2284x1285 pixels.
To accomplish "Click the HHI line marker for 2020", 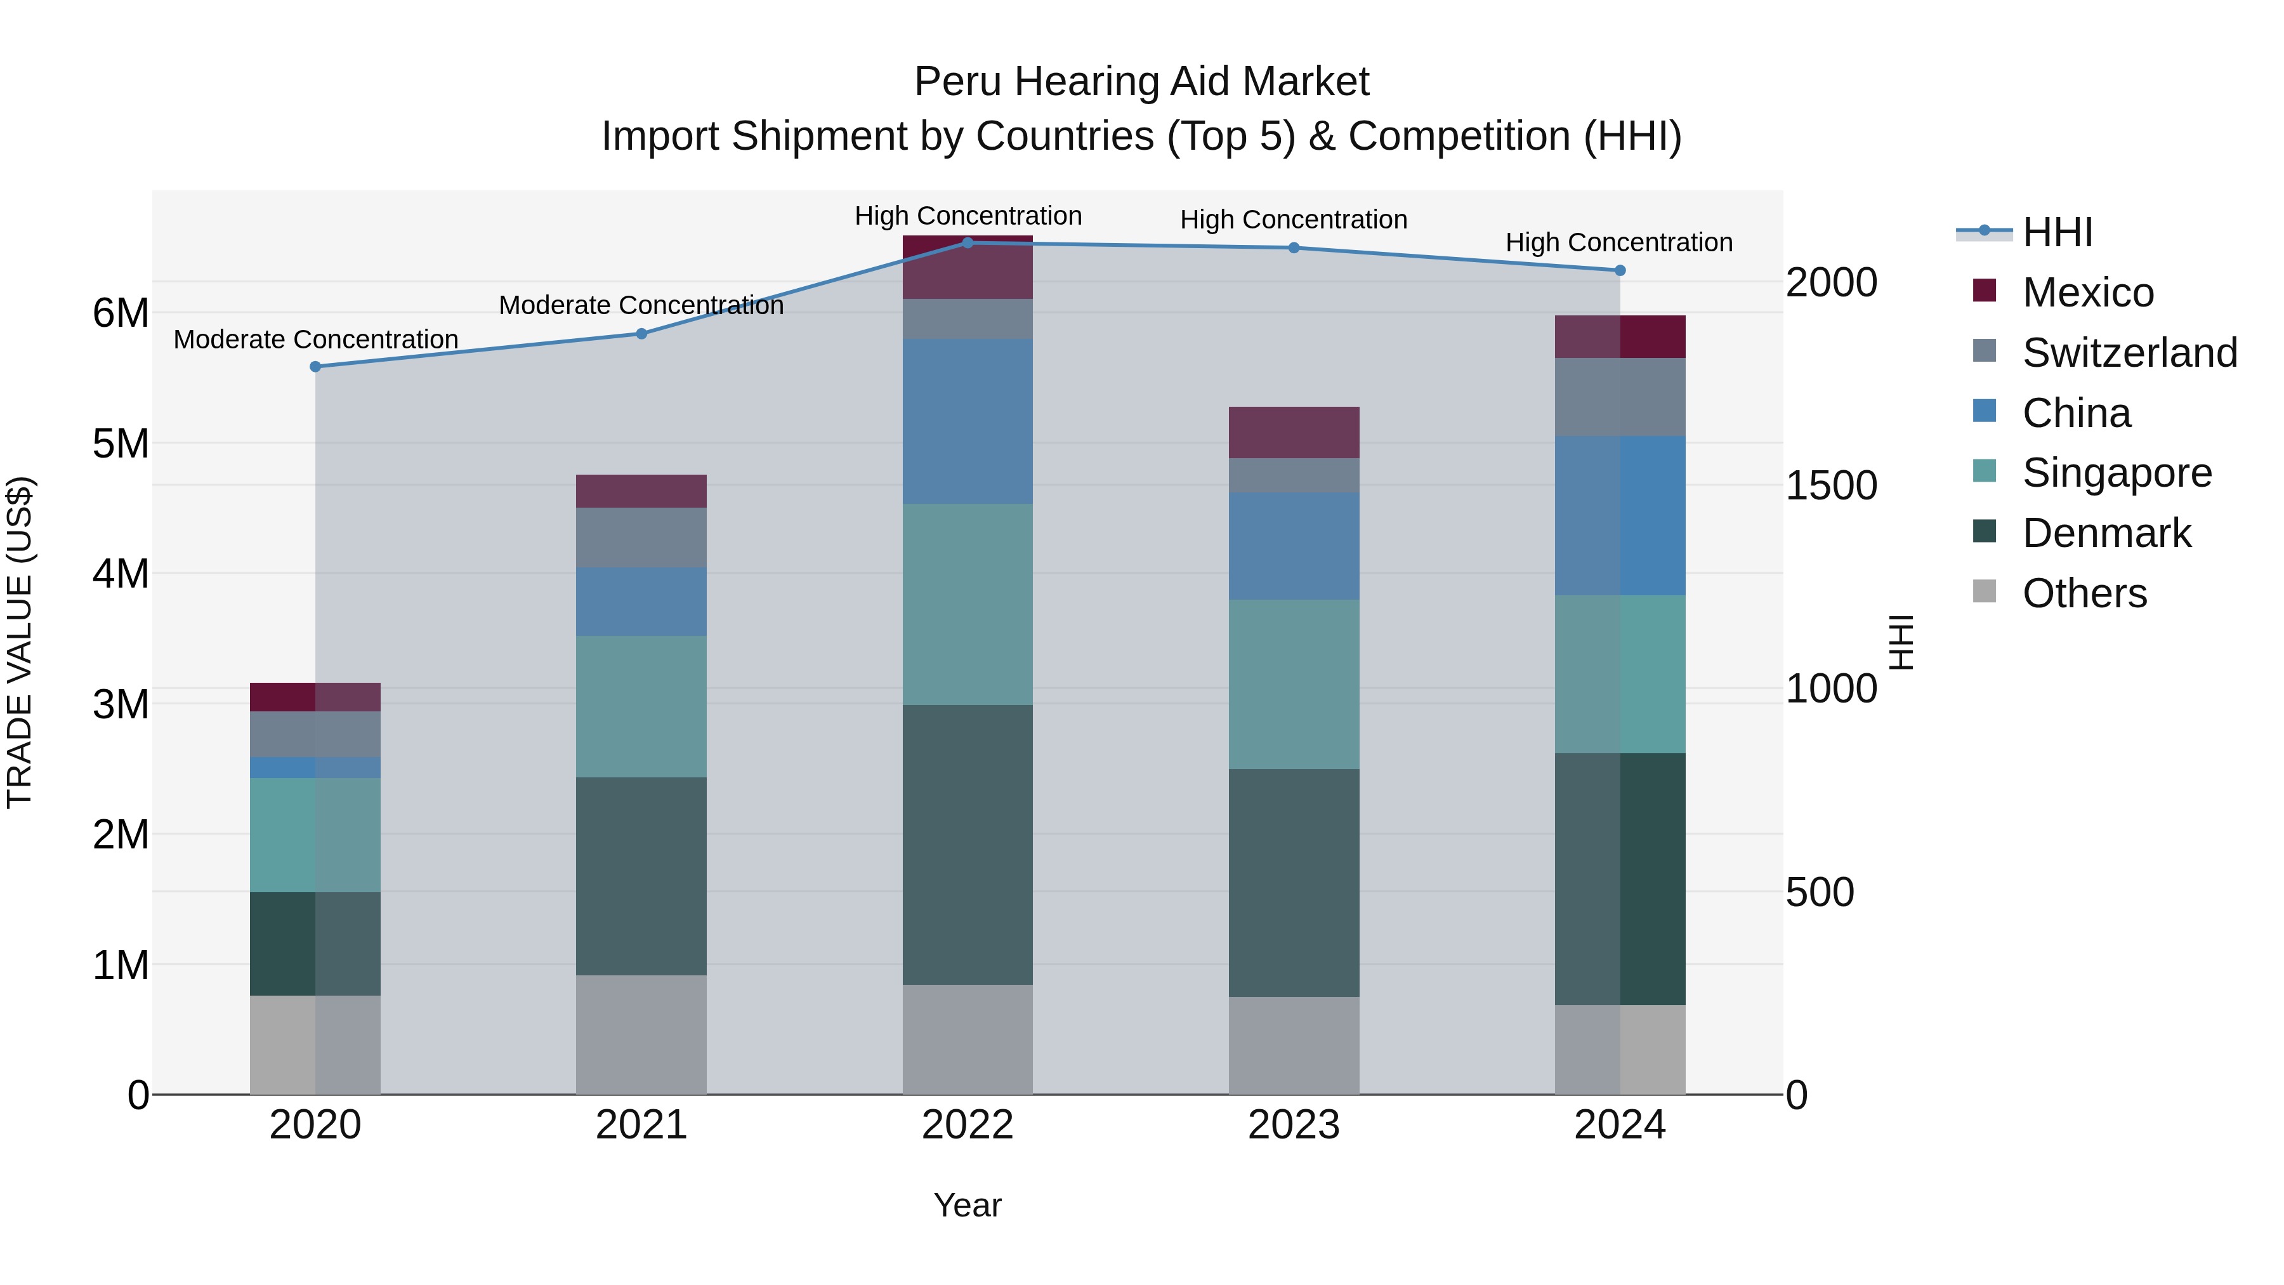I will coord(316,366).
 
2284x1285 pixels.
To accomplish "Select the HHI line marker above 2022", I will coord(968,243).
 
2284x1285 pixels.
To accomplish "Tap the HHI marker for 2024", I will coord(1620,270).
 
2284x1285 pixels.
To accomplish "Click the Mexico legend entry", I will coord(2087,293).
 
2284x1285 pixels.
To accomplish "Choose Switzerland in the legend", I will coord(2129,353).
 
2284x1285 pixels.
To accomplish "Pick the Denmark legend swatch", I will coord(1985,532).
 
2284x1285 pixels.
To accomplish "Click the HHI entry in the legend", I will coord(2057,232).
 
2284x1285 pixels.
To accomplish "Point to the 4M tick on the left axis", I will coord(121,574).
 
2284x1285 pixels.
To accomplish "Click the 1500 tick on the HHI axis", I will coord(1831,486).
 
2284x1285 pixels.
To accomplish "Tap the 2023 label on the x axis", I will coord(1294,1125).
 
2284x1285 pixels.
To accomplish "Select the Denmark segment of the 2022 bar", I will coord(968,844).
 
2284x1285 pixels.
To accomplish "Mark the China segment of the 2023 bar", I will coord(1294,546).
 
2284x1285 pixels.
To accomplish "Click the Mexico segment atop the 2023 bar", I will coord(1294,432).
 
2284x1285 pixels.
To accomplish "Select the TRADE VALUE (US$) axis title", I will coord(20,642).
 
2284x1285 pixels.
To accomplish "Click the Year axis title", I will coord(968,1205).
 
